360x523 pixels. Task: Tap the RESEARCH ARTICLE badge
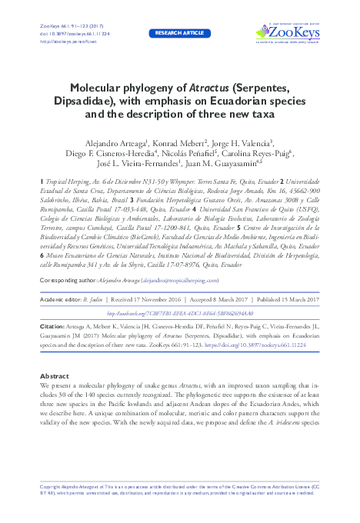[180, 34]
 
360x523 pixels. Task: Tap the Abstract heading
[54, 376]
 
